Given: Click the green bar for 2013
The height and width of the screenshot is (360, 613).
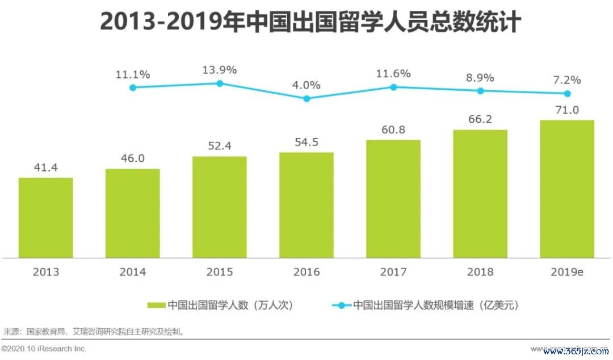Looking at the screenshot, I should pos(45,217).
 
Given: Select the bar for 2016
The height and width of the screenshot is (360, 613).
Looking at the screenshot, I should pos(306,205).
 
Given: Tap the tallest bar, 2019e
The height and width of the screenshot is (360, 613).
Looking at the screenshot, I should pos(567,189).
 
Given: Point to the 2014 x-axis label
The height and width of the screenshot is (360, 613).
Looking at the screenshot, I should pos(132,272).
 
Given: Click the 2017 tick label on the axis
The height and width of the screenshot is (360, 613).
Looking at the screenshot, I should pos(393,272).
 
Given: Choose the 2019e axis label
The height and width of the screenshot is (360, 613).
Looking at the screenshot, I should pos(567,272).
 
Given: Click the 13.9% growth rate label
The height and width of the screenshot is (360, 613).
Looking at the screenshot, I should pos(220,70).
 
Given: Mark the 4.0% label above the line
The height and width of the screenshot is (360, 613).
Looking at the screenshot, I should pos(306,85).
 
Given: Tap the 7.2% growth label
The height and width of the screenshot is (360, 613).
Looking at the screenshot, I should pos(567,80).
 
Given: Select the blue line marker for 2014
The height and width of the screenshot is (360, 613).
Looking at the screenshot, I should pos(133,87).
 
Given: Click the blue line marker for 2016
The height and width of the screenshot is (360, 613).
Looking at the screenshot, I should pos(306,98).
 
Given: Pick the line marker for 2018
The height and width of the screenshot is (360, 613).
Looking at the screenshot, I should pos(480,91).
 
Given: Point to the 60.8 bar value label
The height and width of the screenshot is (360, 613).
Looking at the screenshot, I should pos(393,130).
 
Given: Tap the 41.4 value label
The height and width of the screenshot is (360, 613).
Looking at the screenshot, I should pos(45,168).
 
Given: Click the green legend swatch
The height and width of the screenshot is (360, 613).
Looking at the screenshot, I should pos(156,305).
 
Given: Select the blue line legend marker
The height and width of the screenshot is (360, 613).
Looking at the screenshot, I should pos(341,305).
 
